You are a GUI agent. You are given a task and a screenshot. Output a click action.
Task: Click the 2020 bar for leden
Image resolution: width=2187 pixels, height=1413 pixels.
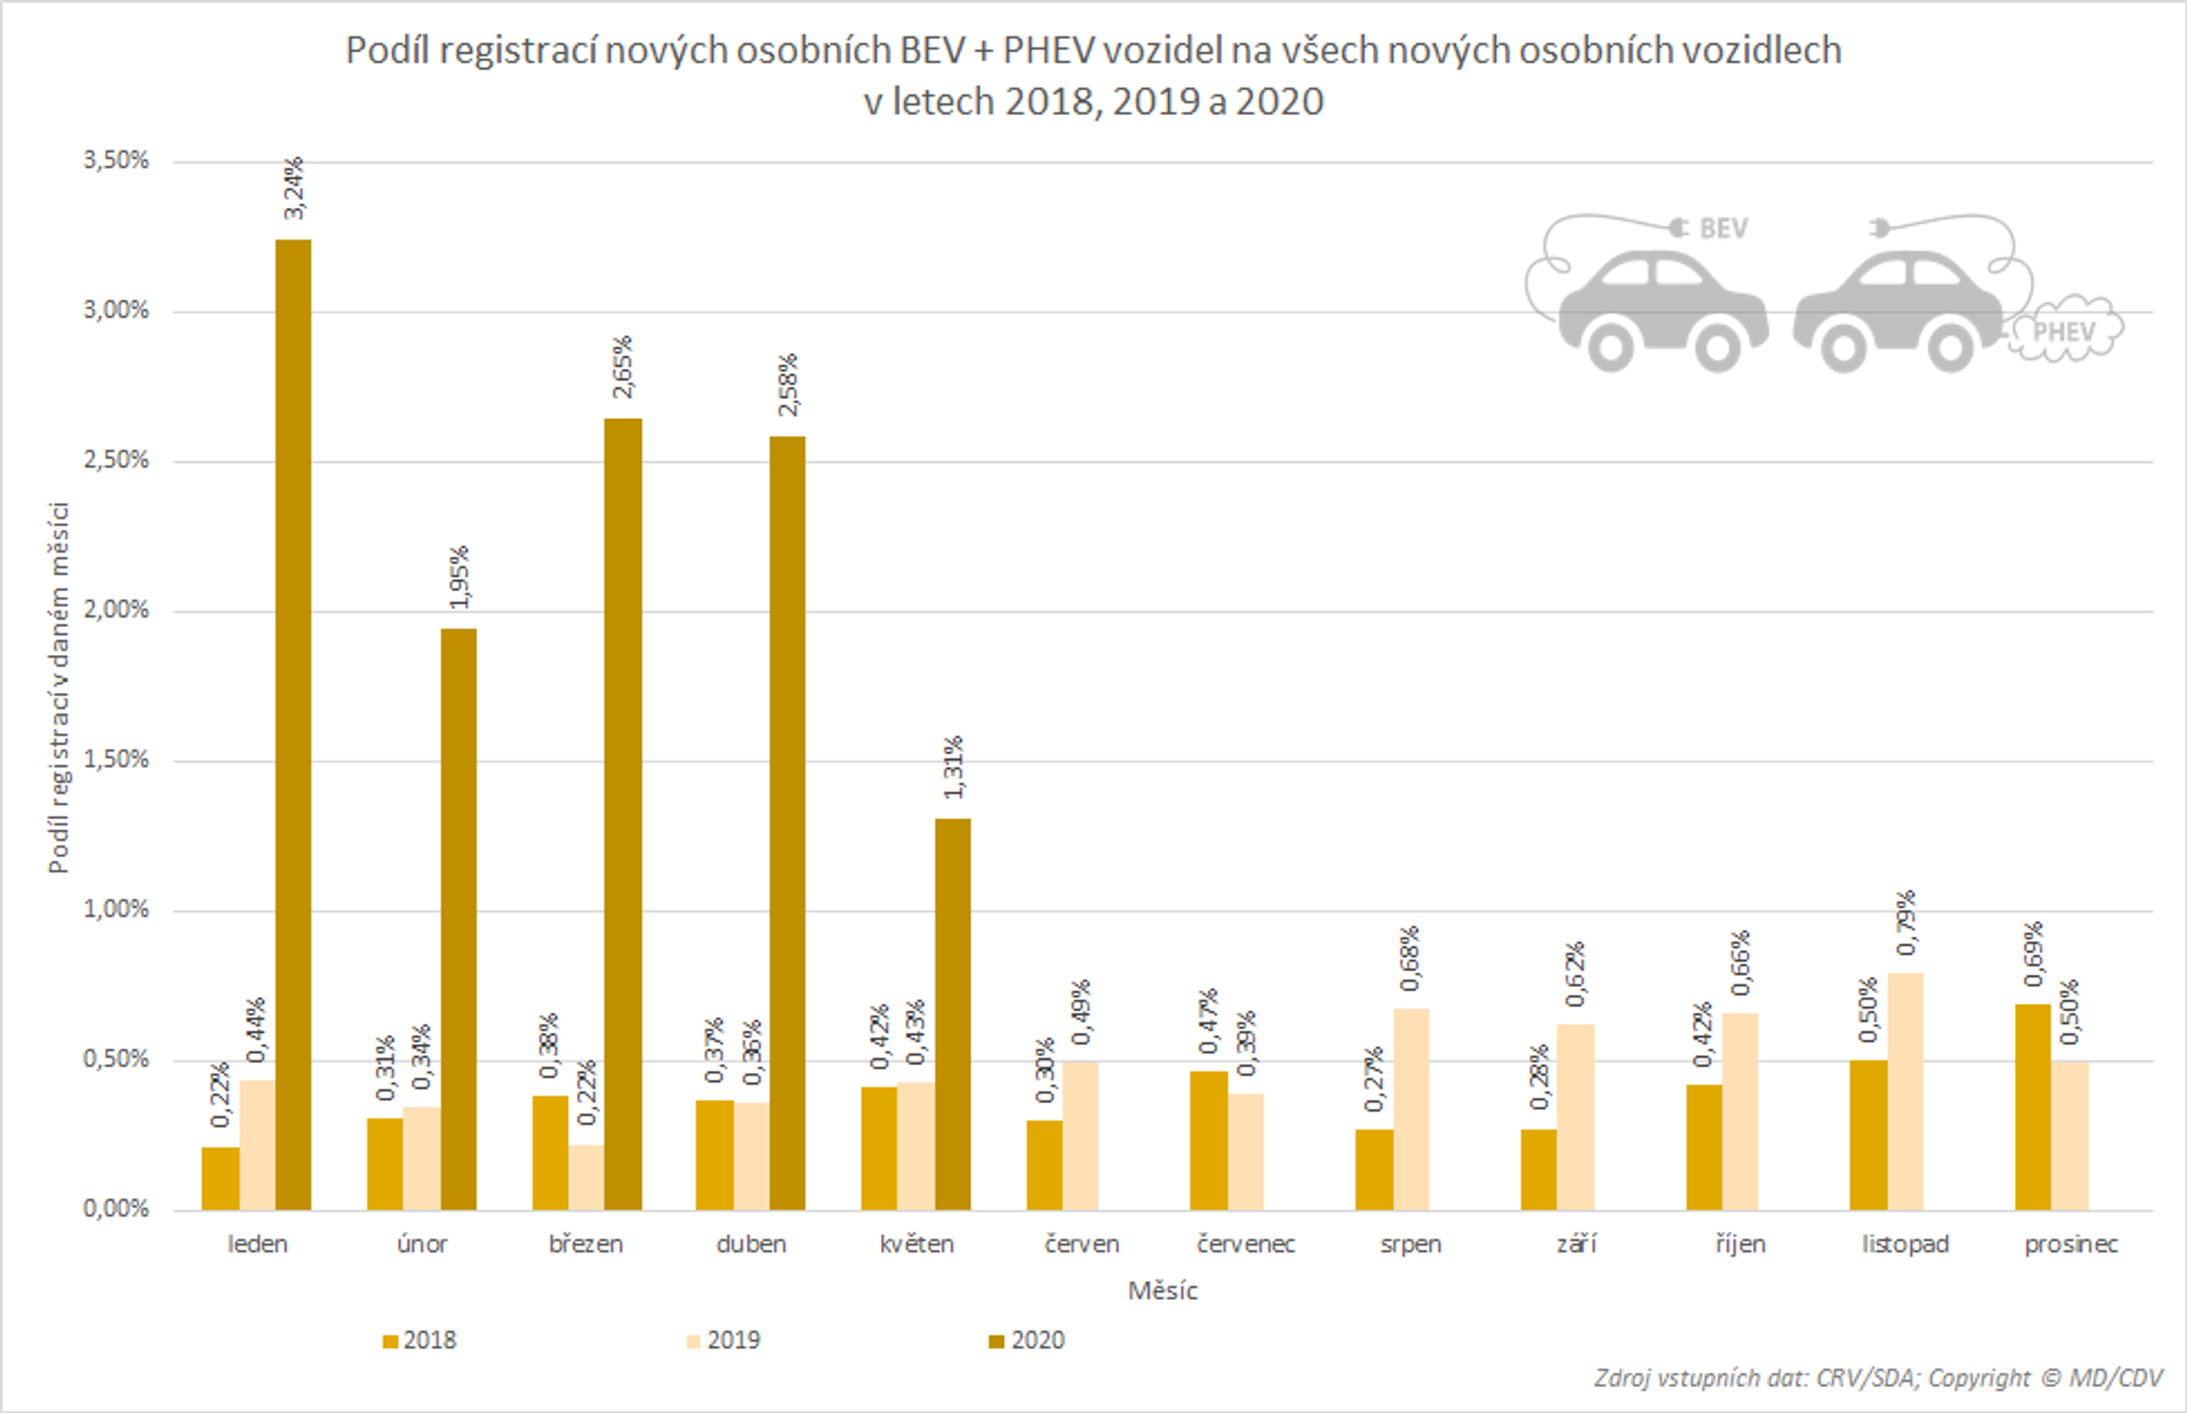[293, 725]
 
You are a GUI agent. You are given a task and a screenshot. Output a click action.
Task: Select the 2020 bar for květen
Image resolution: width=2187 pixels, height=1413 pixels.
[952, 1014]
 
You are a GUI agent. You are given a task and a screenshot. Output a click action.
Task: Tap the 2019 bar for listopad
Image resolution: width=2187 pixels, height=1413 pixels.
[1905, 1090]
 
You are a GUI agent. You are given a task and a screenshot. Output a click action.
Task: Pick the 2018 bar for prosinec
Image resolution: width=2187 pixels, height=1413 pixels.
[2032, 1107]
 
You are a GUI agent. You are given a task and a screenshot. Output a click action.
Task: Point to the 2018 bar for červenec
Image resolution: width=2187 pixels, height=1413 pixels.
[1208, 1141]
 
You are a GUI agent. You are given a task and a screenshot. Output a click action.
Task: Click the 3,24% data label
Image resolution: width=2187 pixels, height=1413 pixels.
[293, 188]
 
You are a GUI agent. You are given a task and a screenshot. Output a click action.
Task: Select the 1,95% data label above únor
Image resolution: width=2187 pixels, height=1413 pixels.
[459, 577]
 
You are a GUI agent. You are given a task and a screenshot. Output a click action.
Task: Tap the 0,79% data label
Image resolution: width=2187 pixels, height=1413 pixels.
[1906, 922]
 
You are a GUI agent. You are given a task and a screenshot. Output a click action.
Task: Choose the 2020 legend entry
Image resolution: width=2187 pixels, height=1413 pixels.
[1027, 1340]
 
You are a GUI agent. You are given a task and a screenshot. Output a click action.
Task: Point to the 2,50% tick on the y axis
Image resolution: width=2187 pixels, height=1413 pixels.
[117, 460]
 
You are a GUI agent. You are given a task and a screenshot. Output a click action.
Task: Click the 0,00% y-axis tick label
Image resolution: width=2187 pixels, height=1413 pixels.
[117, 1208]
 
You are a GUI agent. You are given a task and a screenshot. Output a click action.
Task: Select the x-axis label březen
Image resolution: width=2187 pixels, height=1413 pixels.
[586, 1244]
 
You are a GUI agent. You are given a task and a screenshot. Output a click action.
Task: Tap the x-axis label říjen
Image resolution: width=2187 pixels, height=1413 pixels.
[1740, 1244]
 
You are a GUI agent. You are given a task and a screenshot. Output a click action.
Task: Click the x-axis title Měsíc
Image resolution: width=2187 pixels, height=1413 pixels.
[1162, 1291]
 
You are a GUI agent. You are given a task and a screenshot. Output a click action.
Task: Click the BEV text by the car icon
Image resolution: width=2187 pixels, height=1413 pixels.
[1722, 229]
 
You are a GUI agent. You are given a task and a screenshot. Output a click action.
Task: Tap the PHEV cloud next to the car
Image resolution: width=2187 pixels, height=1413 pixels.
[2064, 332]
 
